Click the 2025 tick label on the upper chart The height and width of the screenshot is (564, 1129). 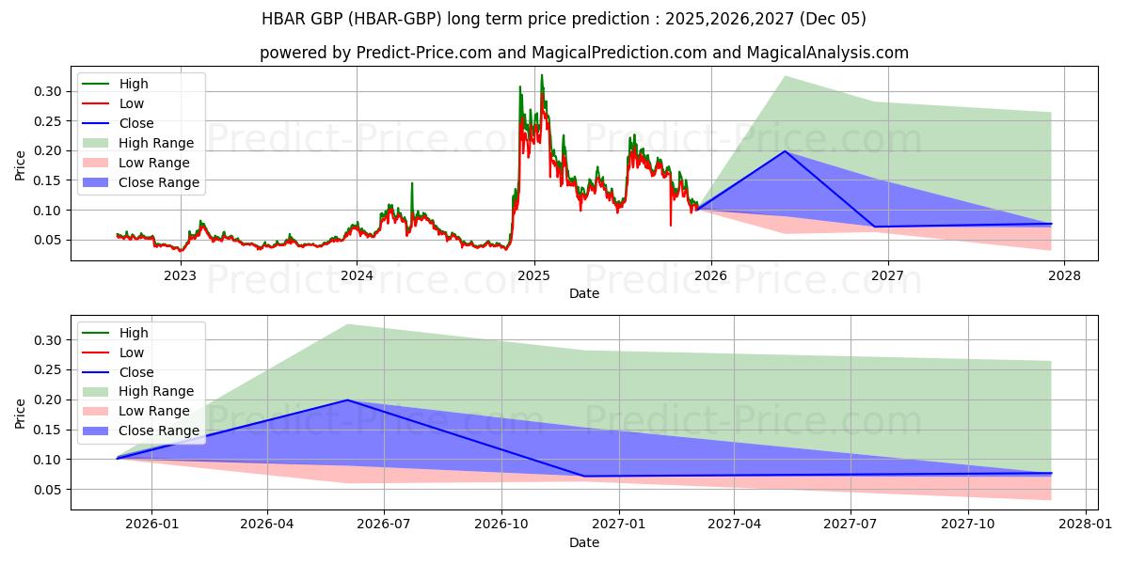[533, 275]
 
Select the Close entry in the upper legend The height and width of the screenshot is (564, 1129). [136, 123]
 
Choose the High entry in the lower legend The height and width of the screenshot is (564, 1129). [133, 333]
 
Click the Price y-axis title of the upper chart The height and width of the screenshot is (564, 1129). [21, 165]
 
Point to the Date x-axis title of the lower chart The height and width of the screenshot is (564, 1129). [584, 542]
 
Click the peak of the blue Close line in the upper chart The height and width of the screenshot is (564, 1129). [785, 150]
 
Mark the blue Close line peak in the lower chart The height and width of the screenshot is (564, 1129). [347, 399]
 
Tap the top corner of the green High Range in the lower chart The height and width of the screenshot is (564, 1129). [347, 324]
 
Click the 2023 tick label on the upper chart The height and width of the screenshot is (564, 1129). [180, 275]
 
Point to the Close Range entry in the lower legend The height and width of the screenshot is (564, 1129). [158, 431]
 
